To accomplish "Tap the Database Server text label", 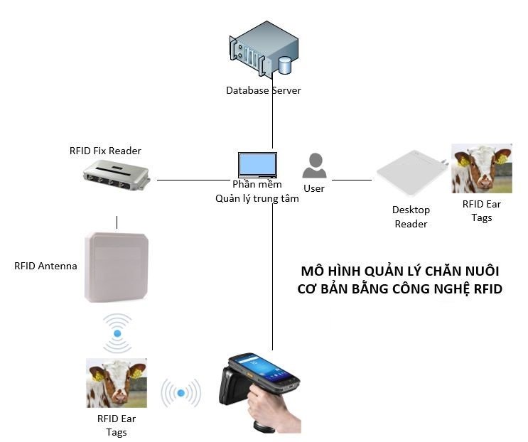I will tap(264, 90).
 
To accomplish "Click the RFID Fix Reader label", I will tap(105, 151).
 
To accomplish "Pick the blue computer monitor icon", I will tap(258, 165).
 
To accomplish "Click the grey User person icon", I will tap(314, 166).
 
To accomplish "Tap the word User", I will tap(314, 188).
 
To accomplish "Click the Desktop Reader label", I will tap(411, 217).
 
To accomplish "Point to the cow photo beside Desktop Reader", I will tap(482, 168).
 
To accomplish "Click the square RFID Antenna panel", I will tap(117, 266).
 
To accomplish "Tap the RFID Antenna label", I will tap(45, 266).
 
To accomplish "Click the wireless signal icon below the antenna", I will tap(117, 333).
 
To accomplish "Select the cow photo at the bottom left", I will tap(117, 382).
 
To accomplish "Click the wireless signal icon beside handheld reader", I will tap(181, 393).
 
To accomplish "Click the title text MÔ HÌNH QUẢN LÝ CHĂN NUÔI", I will tap(400, 272).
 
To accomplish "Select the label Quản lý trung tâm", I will tap(257, 199).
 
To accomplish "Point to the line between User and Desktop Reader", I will tap(352, 180).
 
